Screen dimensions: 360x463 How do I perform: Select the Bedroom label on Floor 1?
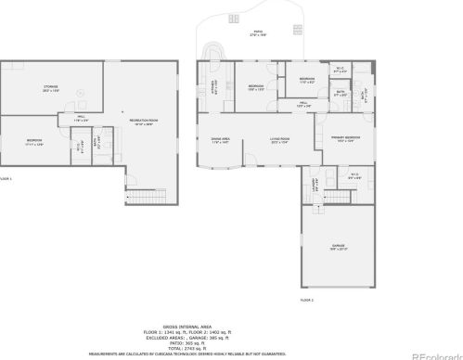[x=34, y=142]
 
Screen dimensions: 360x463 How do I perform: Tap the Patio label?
[x=257, y=33]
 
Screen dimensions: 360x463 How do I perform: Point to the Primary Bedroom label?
[x=345, y=139]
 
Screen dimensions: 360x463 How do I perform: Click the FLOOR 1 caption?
[x=6, y=178]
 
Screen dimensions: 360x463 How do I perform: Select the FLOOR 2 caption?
[x=306, y=301]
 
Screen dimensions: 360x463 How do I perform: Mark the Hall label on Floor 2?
[x=303, y=104]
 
